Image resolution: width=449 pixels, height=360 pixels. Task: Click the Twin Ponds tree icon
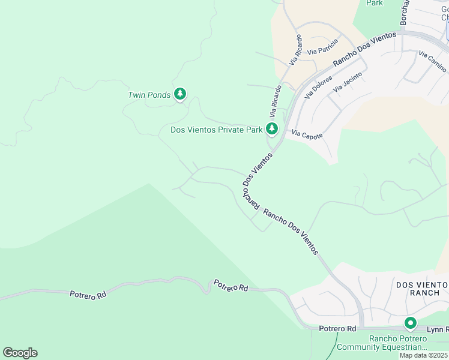point(179,94)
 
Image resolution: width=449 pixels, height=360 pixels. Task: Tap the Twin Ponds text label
point(149,95)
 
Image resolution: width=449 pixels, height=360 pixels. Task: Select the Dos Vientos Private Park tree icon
point(272,128)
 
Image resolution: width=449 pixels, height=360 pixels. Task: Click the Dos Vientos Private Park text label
point(217,129)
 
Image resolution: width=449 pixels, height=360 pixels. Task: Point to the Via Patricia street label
point(322,47)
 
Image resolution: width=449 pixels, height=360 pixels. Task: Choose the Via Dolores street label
point(318,87)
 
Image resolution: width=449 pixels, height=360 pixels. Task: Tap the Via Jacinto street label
point(348,82)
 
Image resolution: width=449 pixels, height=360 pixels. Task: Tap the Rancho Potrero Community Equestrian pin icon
point(411,323)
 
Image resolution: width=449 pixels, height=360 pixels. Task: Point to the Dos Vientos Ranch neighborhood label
point(421,287)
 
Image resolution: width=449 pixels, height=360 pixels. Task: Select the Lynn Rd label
point(438,329)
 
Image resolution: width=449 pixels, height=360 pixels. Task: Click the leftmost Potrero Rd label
point(88,294)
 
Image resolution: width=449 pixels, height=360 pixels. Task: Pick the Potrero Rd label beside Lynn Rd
point(337,329)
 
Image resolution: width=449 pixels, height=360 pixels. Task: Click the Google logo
point(20,353)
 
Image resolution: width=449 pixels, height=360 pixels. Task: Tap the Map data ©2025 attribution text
point(424,355)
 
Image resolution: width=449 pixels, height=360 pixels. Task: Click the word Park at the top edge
point(375,3)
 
